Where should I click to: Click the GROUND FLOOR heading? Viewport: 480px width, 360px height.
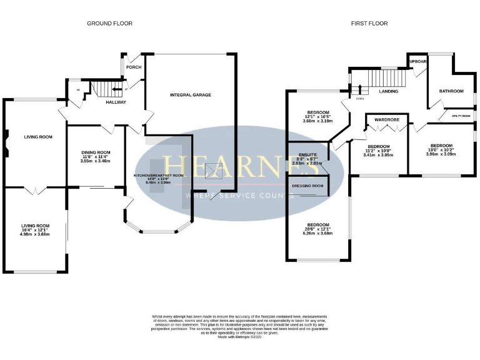click(109, 24)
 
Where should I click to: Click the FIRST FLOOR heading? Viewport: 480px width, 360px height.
click(370, 24)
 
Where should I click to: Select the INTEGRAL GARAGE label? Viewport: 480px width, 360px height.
click(191, 95)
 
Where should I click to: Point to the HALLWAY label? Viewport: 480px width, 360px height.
click(116, 102)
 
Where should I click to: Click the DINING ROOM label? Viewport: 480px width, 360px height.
click(96, 152)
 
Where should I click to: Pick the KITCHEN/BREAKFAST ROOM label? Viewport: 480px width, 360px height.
click(159, 176)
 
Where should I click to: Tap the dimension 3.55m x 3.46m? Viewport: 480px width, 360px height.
click(96, 161)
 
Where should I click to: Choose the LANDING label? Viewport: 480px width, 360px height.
click(389, 92)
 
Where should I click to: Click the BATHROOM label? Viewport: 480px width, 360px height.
click(451, 91)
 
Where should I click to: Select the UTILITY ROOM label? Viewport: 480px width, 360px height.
click(462, 116)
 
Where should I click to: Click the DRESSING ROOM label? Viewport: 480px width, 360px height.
click(309, 186)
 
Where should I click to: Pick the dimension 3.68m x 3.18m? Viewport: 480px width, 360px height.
click(317, 121)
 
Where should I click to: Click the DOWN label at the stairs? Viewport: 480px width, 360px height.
click(359, 99)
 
